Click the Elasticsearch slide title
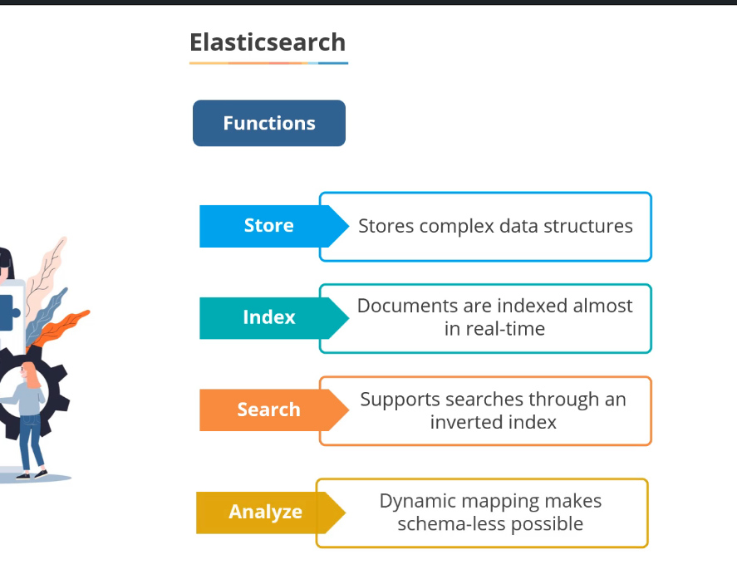pos(268,42)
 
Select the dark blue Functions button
pos(269,124)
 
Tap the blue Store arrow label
pos(269,226)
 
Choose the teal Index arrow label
pos(269,317)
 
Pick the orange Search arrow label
pos(268,410)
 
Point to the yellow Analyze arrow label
pos(266,512)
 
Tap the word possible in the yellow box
pos(545,524)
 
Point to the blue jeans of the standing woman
pos(32,440)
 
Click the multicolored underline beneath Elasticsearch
pos(268,63)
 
